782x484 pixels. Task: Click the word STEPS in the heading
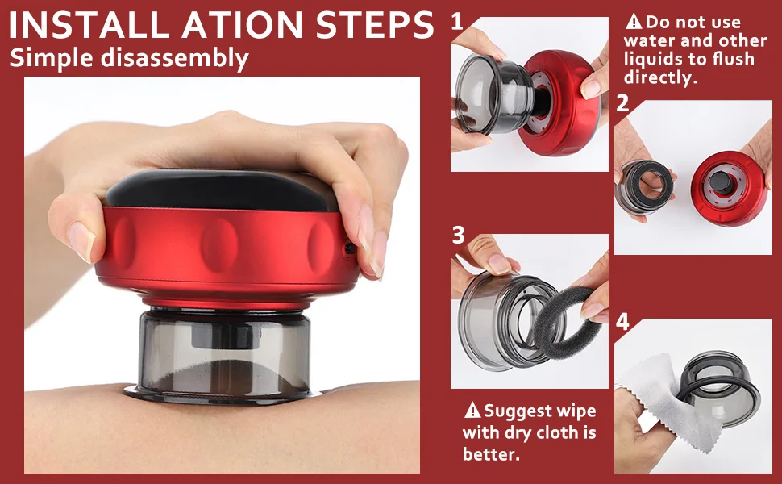pos(375,24)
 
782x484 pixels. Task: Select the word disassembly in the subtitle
pos(175,58)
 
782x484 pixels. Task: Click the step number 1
pos(456,22)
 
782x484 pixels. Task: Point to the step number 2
pos(622,103)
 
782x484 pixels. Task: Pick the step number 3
pos(459,236)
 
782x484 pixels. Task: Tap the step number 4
pos(622,322)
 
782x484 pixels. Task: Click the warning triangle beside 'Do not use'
pos(634,22)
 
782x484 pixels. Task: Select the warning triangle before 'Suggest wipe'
pos(472,410)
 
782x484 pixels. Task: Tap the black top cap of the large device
pos(217,190)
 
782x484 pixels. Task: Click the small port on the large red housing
pos(349,248)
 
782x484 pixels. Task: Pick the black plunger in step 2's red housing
pos(722,182)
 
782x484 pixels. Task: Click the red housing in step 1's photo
pos(561,102)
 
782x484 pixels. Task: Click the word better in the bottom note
pos(491,454)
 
